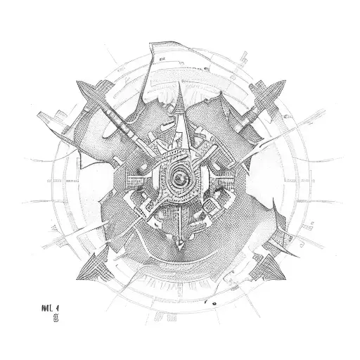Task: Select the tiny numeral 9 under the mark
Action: pyautogui.click(x=55, y=298)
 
